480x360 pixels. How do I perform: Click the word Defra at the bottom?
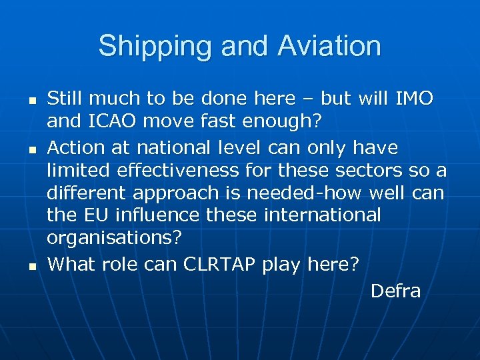coord(395,291)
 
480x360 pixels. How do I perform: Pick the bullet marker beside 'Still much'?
coord(31,100)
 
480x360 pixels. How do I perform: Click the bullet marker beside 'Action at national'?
coord(31,147)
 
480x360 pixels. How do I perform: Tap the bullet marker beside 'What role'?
coord(31,265)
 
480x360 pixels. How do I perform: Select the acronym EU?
coord(99,215)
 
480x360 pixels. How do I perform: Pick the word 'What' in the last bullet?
coord(69,264)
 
